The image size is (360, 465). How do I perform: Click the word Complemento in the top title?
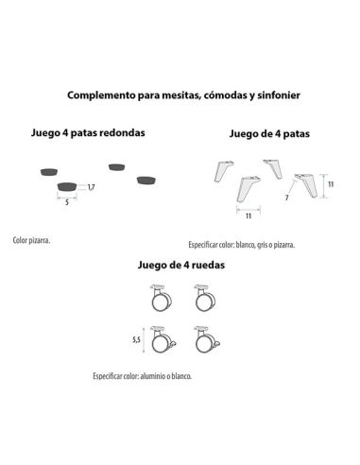coord(99,95)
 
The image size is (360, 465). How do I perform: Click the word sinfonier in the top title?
coord(274,95)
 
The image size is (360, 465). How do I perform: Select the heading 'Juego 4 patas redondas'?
coord(89,133)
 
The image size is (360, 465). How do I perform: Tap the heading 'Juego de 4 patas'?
coord(269,134)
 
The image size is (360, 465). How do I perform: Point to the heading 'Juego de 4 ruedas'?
coord(180,265)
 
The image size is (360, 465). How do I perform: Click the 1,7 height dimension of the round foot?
coord(92,188)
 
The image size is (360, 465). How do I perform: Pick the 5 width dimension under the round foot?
coord(67,202)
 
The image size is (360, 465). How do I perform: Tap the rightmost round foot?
coord(146,179)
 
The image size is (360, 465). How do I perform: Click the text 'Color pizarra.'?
coord(31,240)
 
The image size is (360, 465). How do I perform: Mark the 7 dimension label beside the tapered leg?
coord(286,198)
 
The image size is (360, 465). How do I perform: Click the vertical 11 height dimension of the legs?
coord(331,185)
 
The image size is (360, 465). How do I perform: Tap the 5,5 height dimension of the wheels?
coord(136,337)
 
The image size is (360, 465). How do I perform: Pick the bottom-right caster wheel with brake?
coord(205,339)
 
